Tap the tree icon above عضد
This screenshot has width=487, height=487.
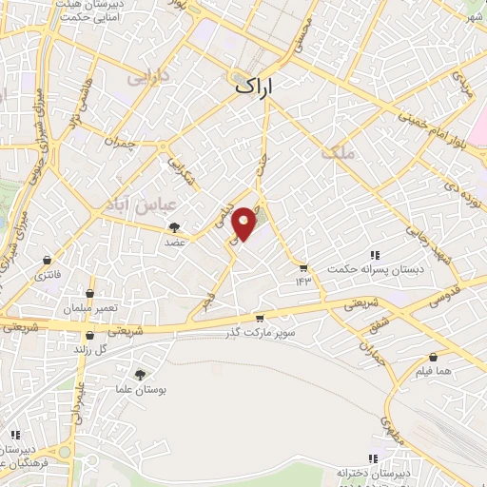(x=175, y=226)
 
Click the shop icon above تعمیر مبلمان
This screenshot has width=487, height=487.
(x=89, y=293)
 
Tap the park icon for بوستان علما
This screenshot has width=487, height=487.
(x=140, y=375)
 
